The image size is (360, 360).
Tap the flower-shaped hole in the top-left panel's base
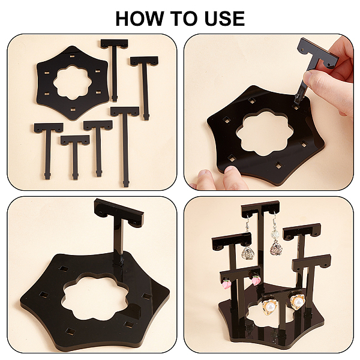pyautogui.click(x=73, y=82)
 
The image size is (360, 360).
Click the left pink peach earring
pyautogui.click(x=226, y=284)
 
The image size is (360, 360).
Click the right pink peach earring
pyautogui.click(x=256, y=280)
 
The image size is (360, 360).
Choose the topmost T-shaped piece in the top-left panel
pyautogui.click(x=115, y=70)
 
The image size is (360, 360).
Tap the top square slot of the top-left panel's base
pyautogui.click(x=73, y=56)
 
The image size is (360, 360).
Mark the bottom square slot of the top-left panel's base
pyautogui.click(x=73, y=110)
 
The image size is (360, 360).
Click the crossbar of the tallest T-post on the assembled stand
pyautogui.click(x=260, y=208)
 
